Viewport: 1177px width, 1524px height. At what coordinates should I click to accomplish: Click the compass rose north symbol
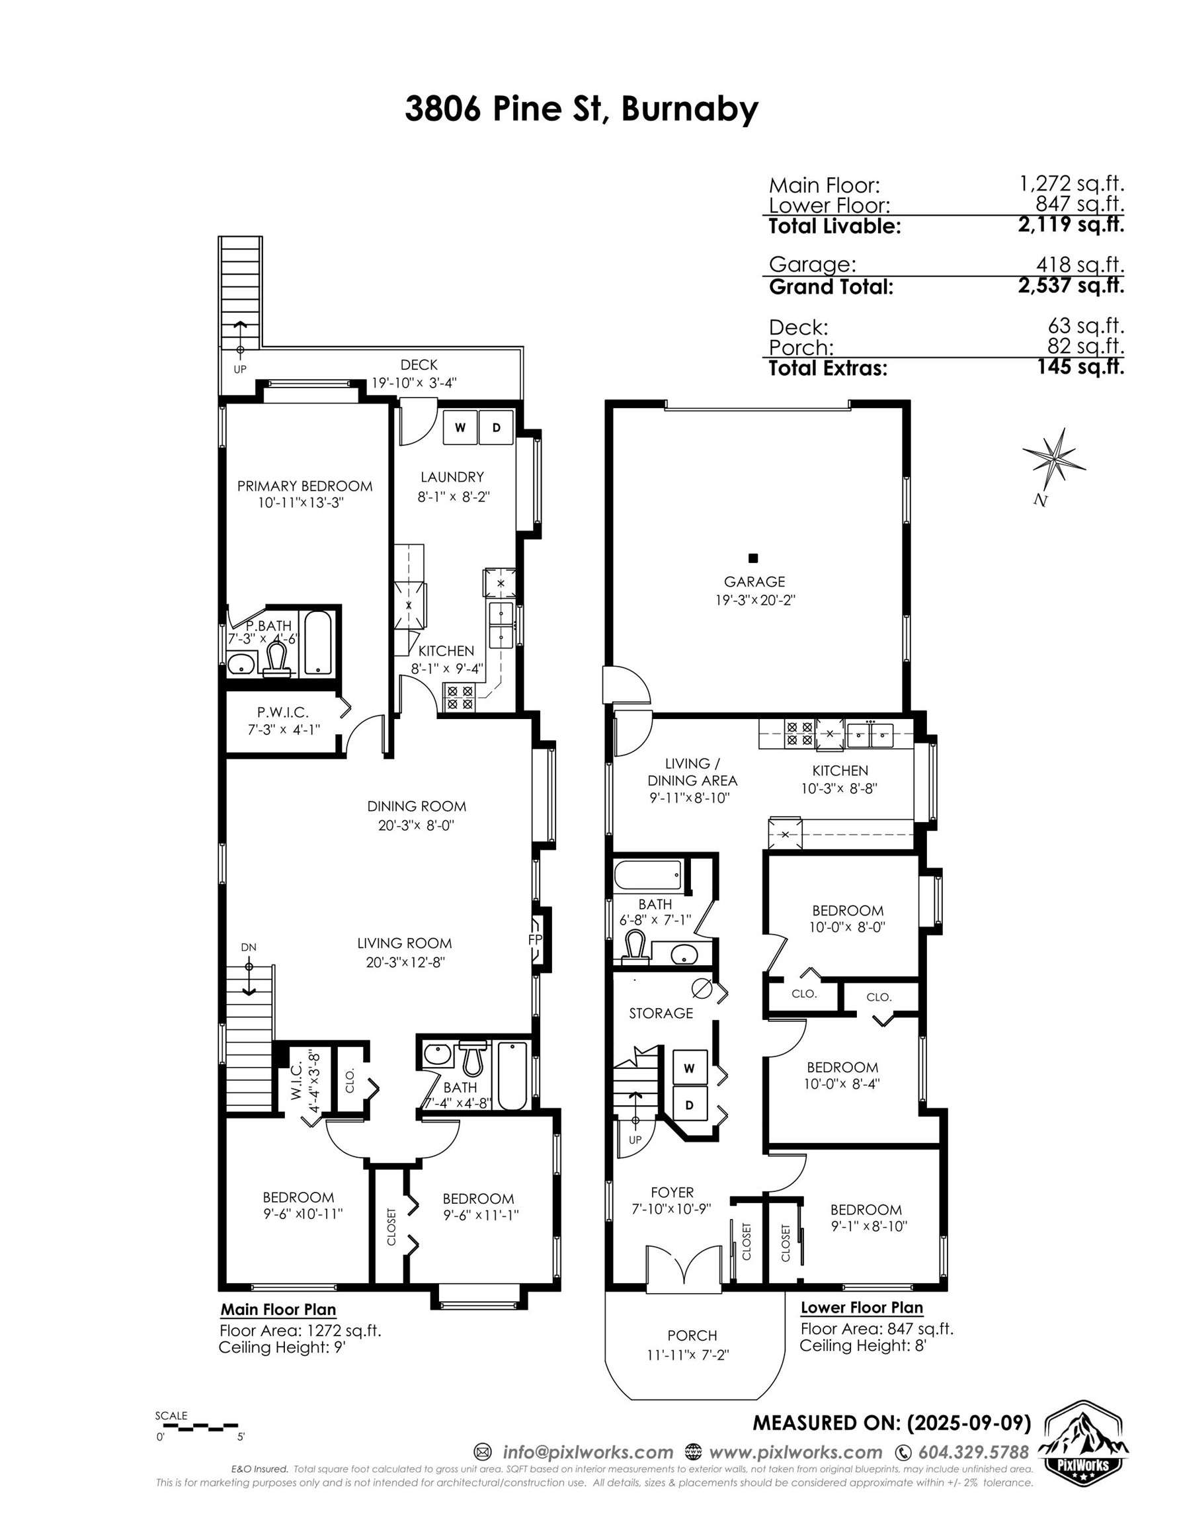[1054, 460]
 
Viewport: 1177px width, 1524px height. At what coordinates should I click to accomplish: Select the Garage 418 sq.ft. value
[1080, 265]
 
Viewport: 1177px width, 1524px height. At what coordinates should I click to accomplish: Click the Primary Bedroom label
[304, 486]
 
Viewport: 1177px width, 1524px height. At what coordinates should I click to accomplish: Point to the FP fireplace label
[535, 940]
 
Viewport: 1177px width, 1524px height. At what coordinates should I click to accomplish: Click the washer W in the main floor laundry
[460, 428]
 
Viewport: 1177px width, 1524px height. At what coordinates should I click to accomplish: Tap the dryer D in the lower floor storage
[689, 1105]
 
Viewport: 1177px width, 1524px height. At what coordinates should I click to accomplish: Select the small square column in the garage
[752, 558]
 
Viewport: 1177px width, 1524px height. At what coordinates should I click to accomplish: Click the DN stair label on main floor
[249, 947]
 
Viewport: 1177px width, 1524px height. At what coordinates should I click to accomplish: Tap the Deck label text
[419, 364]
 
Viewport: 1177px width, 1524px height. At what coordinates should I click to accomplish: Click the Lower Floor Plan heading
[861, 1308]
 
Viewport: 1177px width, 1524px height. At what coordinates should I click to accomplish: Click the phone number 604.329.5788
[973, 1452]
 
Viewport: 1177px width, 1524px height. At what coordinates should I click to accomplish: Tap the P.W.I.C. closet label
[282, 712]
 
